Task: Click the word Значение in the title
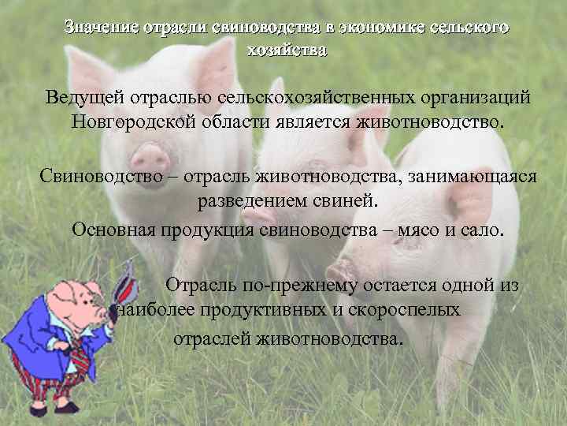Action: pyautogui.click(x=100, y=28)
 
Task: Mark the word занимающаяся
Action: pyautogui.click(x=474, y=175)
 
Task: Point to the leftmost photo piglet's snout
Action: pyautogui.click(x=150, y=153)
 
